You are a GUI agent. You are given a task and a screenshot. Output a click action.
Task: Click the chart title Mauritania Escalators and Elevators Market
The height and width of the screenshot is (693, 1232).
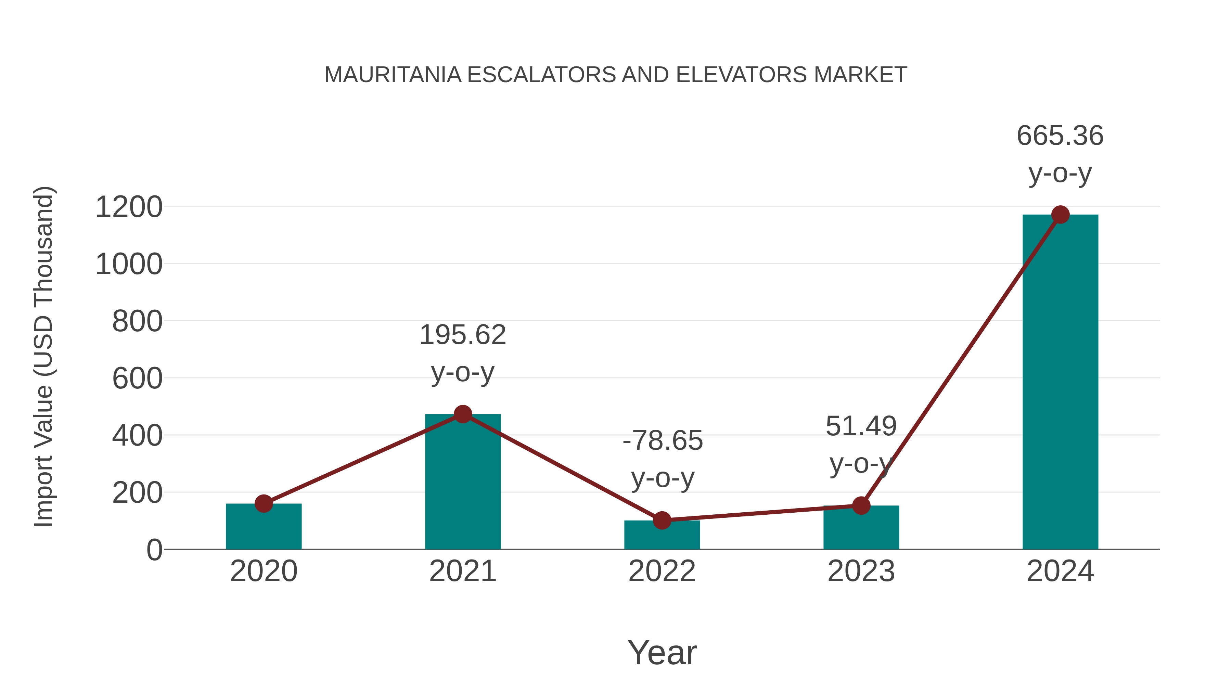[616, 75]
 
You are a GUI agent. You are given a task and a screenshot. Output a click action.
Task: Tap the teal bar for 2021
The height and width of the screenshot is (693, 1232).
[462, 483]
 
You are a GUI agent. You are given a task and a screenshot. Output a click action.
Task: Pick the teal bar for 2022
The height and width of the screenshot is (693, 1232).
[662, 537]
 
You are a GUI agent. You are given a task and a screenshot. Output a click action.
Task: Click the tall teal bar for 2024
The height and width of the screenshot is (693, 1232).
[1060, 383]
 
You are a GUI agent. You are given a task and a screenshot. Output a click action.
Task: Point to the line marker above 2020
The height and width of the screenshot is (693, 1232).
[264, 503]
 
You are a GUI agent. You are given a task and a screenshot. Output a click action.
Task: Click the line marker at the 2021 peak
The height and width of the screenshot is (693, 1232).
[462, 414]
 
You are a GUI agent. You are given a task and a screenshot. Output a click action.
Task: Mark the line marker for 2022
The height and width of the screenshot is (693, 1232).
[662, 520]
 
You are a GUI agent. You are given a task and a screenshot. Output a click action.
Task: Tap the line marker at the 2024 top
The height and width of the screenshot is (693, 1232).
[1060, 215]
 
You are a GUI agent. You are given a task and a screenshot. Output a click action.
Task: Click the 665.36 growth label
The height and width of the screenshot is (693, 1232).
[1060, 136]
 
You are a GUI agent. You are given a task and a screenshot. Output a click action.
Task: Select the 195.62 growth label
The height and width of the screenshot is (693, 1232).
[462, 335]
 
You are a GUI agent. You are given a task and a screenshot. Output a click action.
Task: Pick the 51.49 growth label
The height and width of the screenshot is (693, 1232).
[861, 426]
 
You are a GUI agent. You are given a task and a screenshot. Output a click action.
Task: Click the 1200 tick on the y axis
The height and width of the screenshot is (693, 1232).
[129, 208]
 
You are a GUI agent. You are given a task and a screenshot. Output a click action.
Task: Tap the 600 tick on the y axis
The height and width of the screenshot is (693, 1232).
[137, 379]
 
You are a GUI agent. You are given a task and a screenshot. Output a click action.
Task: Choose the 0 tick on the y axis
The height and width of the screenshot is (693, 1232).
[154, 550]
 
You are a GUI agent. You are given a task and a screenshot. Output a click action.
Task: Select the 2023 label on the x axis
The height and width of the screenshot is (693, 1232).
[861, 571]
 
